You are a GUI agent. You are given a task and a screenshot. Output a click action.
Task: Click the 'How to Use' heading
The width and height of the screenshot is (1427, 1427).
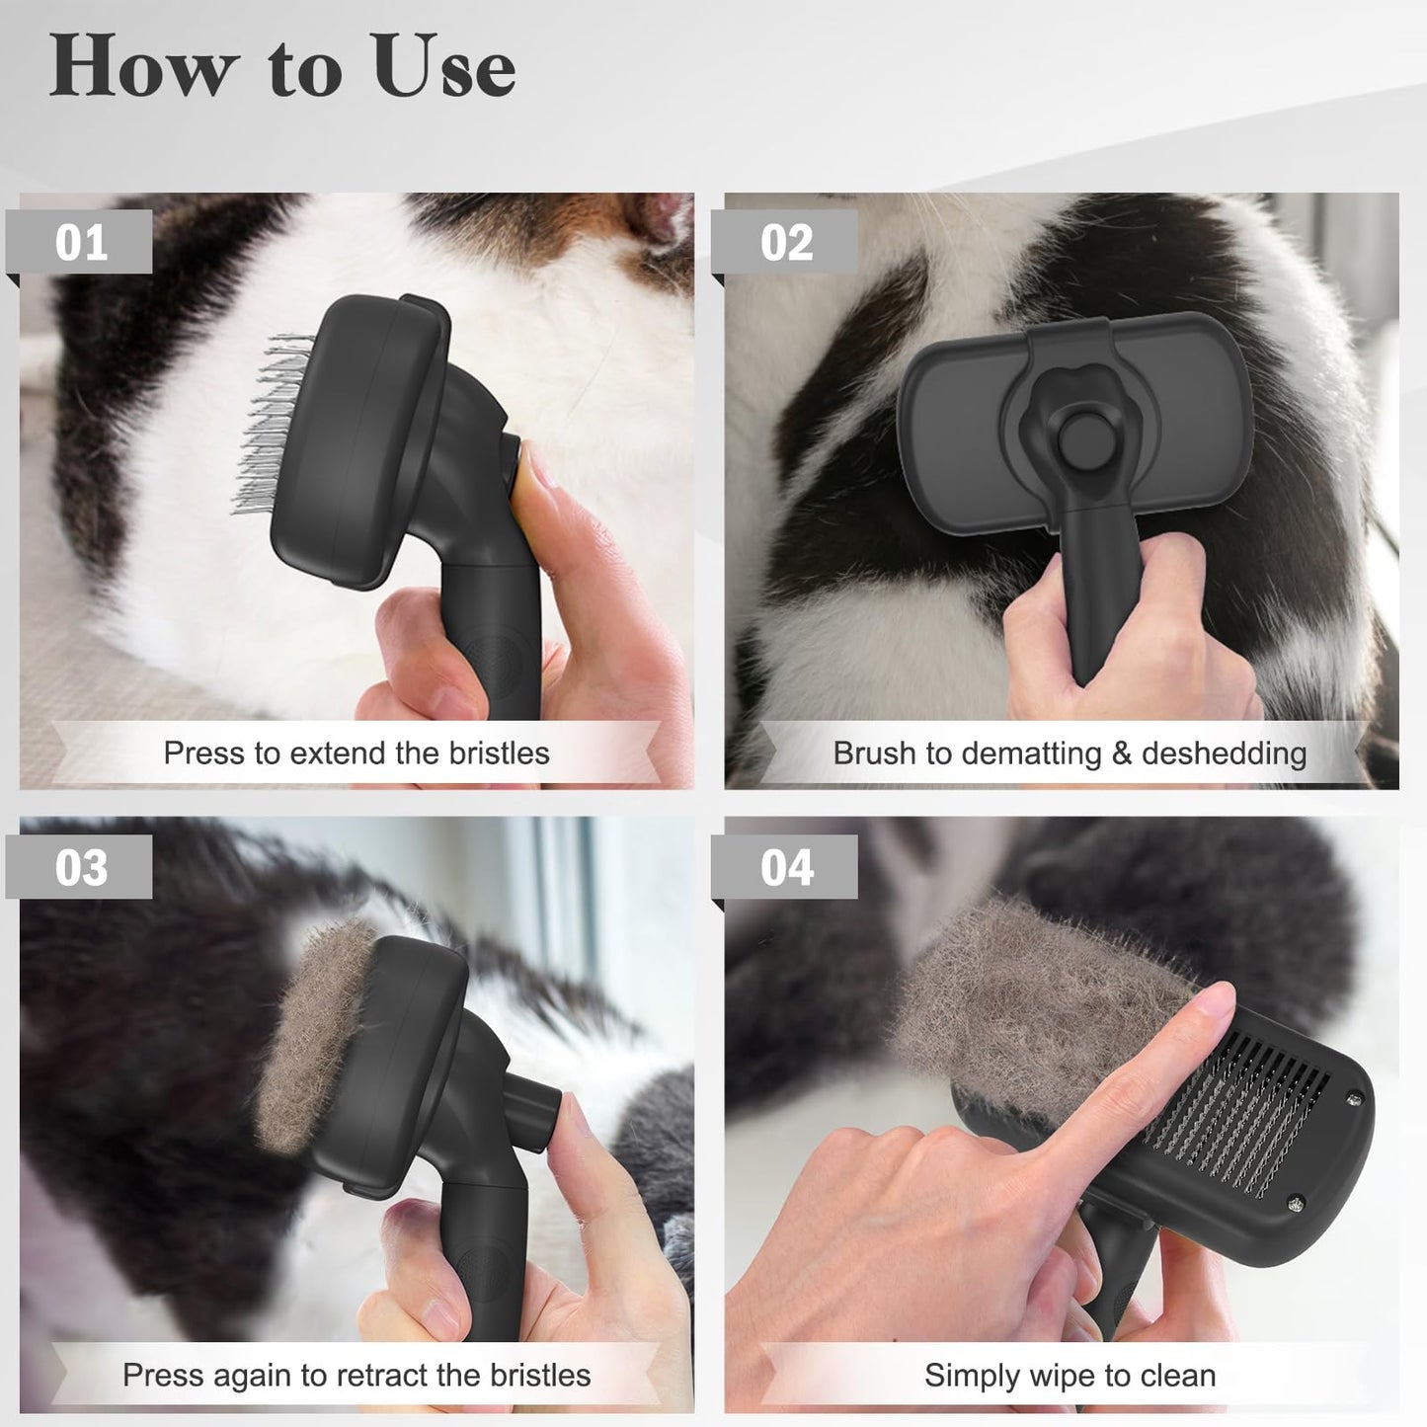282,66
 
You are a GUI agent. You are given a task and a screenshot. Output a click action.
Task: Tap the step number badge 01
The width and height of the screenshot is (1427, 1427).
81,242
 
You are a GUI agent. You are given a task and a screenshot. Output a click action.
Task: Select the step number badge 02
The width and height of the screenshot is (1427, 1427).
786,242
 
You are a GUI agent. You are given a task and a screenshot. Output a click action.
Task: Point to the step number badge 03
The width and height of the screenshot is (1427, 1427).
81,867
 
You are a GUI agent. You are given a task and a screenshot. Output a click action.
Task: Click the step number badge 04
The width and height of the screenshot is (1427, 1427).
786,867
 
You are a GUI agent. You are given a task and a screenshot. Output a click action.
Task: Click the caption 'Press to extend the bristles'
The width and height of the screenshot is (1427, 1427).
357,753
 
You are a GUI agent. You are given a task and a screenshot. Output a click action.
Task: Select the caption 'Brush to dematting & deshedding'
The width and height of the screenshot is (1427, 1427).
1070,753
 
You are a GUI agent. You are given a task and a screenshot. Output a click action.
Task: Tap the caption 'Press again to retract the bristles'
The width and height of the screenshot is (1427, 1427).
357,1375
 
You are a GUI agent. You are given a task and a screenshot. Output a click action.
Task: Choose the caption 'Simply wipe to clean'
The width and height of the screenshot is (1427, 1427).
1070,1375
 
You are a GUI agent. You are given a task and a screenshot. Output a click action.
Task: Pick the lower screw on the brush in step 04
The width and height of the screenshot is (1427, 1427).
1295,1202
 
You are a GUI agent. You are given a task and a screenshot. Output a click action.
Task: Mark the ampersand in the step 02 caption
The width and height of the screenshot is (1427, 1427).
1121,753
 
